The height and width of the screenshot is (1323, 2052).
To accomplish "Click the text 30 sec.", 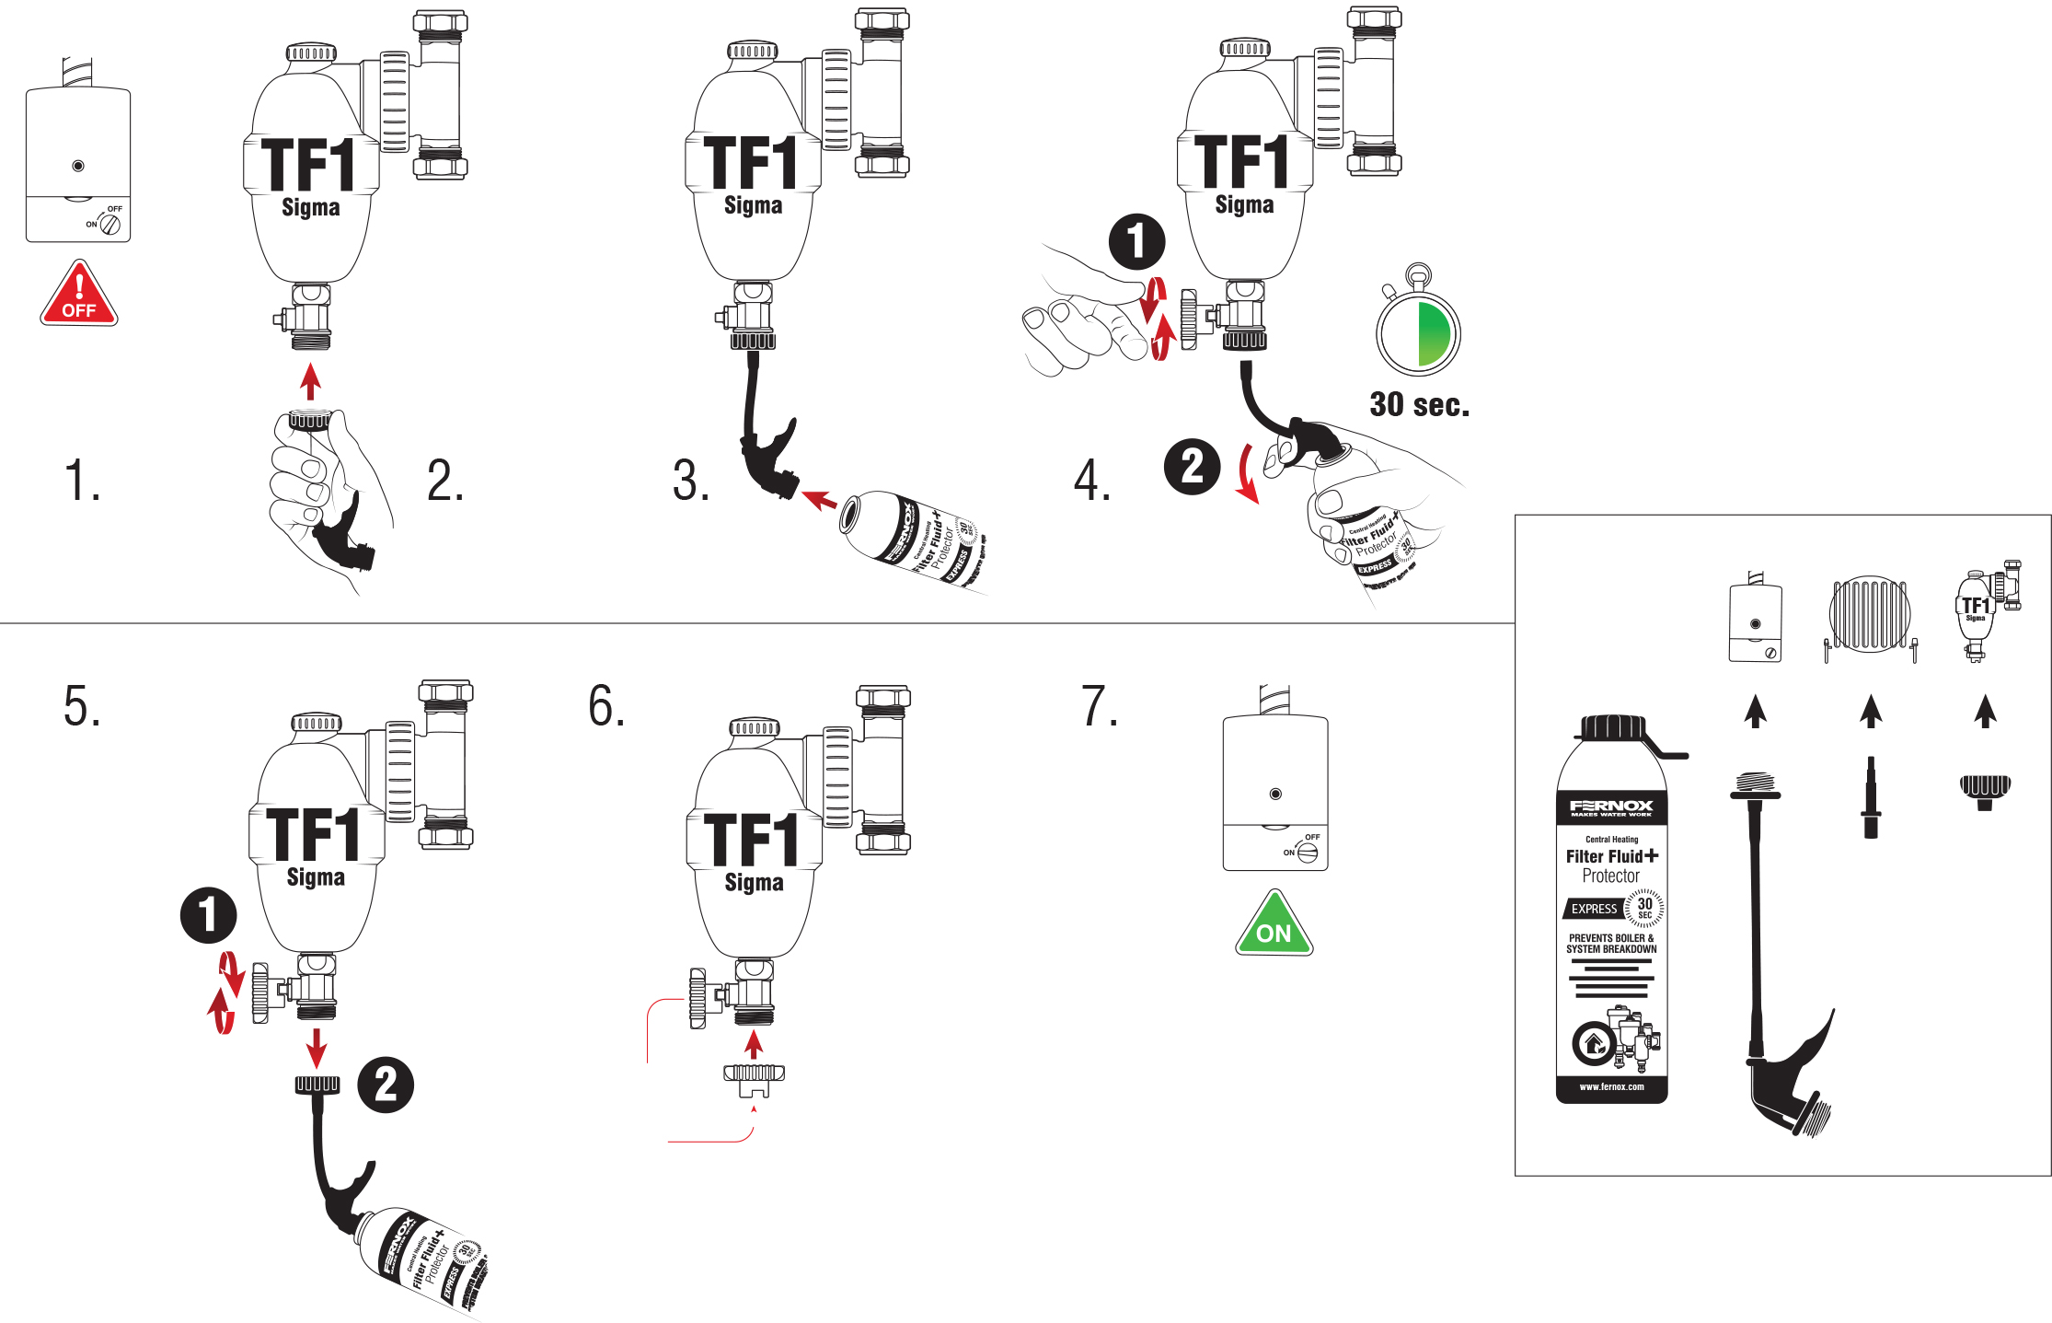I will click(x=1419, y=404).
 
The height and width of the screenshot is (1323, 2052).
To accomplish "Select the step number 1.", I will click(x=82, y=481).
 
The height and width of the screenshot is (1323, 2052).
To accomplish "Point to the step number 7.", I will click(x=1099, y=707).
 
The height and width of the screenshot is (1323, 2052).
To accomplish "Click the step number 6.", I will click(x=606, y=707).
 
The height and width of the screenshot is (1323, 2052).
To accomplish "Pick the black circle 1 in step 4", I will click(x=1137, y=241).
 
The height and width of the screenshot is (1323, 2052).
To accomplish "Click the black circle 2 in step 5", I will click(x=386, y=1085).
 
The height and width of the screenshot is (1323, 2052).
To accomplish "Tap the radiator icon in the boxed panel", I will click(x=1870, y=615).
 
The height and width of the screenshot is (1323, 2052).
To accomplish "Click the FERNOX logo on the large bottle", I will click(x=1611, y=807).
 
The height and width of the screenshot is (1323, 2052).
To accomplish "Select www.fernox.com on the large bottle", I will click(x=1611, y=1087).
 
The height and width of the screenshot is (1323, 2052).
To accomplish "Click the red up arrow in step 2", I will click(x=311, y=381).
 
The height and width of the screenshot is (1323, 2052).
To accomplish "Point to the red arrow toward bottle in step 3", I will click(x=818, y=500).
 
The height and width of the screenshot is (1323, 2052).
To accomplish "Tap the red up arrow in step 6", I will click(x=754, y=1044).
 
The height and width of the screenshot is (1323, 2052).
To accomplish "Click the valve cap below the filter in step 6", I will click(x=754, y=1078).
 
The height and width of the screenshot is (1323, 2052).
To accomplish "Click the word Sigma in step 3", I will click(x=753, y=205).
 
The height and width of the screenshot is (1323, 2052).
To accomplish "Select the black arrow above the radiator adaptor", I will click(x=1871, y=711).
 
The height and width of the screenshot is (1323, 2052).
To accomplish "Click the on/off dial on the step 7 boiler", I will click(x=1307, y=853).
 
